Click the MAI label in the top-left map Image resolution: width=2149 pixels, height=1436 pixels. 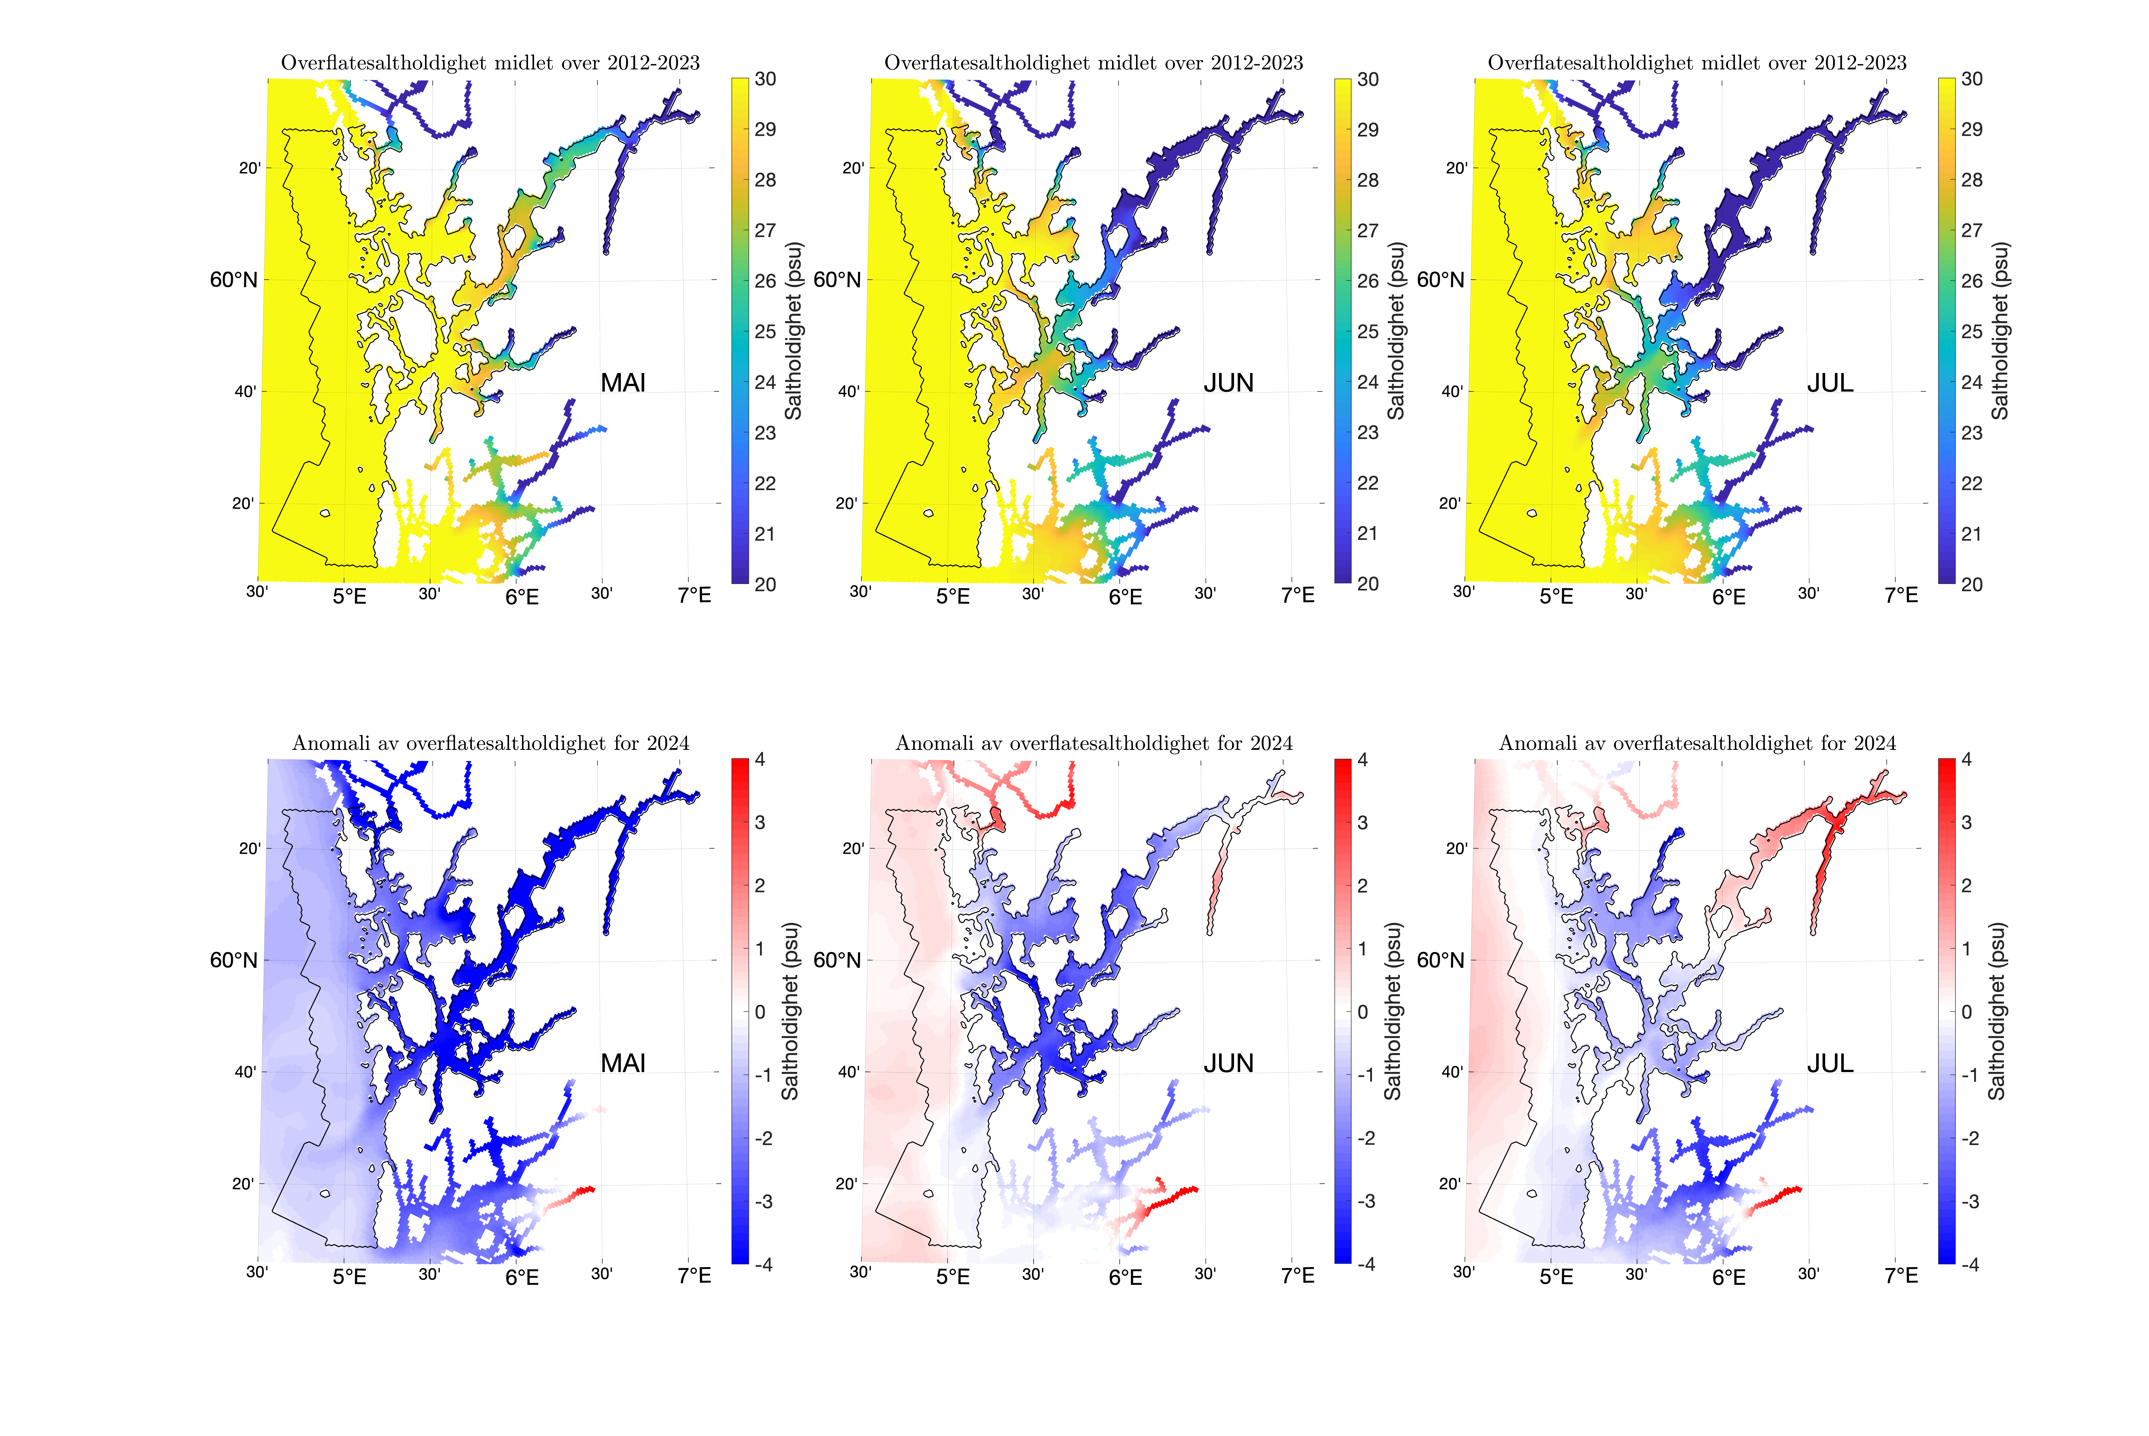point(623,383)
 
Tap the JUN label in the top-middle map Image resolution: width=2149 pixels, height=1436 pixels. point(1228,383)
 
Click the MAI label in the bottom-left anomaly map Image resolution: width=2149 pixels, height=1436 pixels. point(623,1063)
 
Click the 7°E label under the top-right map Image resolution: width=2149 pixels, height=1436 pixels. point(1901,595)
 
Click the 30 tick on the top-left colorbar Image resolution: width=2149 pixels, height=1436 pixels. point(765,80)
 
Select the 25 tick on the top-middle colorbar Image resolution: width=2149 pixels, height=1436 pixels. point(1368,331)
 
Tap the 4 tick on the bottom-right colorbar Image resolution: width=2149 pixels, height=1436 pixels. point(1967,760)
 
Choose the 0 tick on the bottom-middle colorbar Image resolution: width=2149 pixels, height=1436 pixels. point(1363,1012)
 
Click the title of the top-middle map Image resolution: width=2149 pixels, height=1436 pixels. point(1093,62)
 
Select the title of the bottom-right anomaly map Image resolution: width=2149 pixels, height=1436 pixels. point(1697,743)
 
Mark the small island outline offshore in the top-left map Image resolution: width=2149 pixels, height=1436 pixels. point(325,513)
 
